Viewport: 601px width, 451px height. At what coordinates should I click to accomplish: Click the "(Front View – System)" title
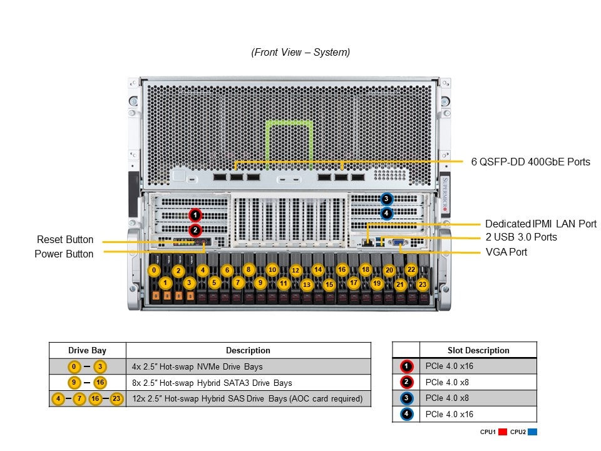300,53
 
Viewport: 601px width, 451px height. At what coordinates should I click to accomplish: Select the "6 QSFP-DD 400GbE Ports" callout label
530,162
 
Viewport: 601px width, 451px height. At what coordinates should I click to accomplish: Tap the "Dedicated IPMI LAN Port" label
541,224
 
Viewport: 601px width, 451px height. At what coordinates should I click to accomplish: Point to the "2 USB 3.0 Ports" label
521,237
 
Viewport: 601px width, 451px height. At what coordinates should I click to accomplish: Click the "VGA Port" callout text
506,252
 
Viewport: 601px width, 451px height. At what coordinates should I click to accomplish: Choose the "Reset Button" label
65,239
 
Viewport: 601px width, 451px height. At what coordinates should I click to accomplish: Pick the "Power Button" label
64,254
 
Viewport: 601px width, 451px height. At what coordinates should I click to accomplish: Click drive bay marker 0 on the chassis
154,270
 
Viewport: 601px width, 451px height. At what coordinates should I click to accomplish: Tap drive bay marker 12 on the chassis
295,271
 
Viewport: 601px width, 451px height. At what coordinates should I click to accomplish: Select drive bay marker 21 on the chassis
400,284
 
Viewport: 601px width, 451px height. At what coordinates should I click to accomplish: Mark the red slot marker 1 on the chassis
195,215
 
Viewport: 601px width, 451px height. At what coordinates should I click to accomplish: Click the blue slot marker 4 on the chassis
386,214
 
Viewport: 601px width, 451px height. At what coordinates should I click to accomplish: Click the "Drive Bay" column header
87,351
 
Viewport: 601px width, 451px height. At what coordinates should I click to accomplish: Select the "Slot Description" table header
478,351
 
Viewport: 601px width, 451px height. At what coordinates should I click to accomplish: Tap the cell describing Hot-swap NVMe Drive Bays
248,366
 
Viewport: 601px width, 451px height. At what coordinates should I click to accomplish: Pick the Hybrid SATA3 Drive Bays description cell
248,383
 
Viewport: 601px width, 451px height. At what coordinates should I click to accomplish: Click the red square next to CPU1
502,432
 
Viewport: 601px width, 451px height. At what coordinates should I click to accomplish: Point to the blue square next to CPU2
532,432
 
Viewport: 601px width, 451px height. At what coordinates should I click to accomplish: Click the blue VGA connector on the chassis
401,243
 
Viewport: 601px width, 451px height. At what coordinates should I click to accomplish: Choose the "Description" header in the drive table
248,351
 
